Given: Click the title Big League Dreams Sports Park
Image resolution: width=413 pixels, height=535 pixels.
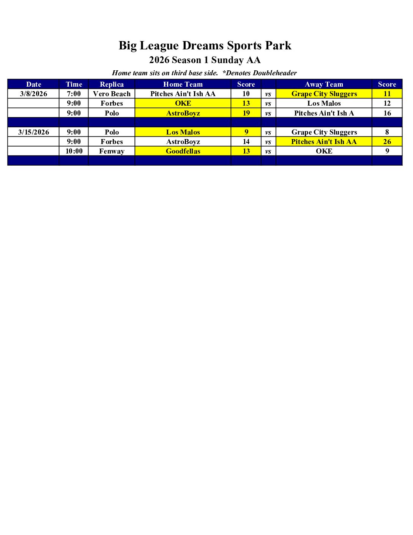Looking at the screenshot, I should click(x=205, y=46).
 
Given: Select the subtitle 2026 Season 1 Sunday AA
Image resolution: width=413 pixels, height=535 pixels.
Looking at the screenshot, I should click(x=205, y=60).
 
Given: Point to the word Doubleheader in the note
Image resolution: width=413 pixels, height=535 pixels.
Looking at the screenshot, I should click(x=275, y=73).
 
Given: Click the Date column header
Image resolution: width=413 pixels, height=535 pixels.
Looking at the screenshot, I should click(x=33, y=84).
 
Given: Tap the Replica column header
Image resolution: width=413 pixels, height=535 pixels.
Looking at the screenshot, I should click(x=112, y=84).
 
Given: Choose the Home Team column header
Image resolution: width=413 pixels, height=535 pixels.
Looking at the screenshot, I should click(x=183, y=84).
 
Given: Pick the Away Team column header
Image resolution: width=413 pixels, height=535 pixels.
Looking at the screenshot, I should click(x=324, y=84).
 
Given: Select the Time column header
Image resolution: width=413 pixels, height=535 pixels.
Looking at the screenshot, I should click(x=74, y=84).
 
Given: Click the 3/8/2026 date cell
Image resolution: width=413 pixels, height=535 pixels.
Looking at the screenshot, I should click(x=33, y=94).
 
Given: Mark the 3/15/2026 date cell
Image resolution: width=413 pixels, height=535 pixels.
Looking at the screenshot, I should click(x=33, y=132).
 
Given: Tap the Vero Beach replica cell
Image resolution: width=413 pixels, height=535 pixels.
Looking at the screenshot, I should click(x=112, y=94).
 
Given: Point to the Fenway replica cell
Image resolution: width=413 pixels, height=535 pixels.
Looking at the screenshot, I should click(x=112, y=151).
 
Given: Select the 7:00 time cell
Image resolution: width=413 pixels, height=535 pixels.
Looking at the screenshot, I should click(x=74, y=94).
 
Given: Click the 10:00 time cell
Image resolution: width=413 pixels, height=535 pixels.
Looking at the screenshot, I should click(x=74, y=151).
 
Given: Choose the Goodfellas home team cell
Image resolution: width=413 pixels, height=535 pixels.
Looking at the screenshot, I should click(x=183, y=151).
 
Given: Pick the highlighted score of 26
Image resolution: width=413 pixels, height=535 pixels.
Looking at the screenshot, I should click(x=387, y=142).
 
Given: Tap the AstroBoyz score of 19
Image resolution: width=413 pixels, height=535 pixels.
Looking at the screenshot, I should click(x=246, y=113).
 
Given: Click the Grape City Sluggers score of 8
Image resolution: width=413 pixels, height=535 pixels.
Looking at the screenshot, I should click(x=387, y=132).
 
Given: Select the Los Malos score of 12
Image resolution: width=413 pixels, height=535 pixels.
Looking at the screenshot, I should click(x=387, y=103).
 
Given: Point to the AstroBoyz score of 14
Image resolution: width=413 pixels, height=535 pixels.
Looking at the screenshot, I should click(x=246, y=142).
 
